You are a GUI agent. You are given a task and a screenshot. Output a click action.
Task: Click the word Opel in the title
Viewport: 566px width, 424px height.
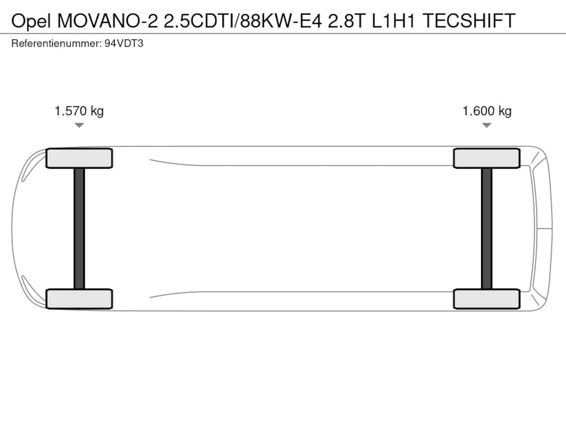[31, 21]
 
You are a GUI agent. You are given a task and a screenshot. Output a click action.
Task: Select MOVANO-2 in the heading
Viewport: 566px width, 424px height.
[107, 21]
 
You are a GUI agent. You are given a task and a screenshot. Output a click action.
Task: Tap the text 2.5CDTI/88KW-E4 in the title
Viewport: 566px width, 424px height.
[243, 21]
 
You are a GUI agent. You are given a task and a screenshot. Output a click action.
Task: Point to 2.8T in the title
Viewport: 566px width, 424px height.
[347, 21]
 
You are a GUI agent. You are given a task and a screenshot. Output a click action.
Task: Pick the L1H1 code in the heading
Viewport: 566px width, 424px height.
[394, 21]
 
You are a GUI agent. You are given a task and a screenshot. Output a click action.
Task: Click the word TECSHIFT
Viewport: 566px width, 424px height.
[469, 21]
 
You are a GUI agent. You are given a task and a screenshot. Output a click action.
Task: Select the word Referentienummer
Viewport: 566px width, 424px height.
[57, 44]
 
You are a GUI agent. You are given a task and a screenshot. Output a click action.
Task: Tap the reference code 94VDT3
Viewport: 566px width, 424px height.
[124, 44]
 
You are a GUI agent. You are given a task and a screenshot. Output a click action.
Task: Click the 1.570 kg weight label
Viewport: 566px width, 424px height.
[79, 111]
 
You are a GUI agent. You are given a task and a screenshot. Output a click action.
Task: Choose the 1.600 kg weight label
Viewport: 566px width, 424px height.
[487, 111]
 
